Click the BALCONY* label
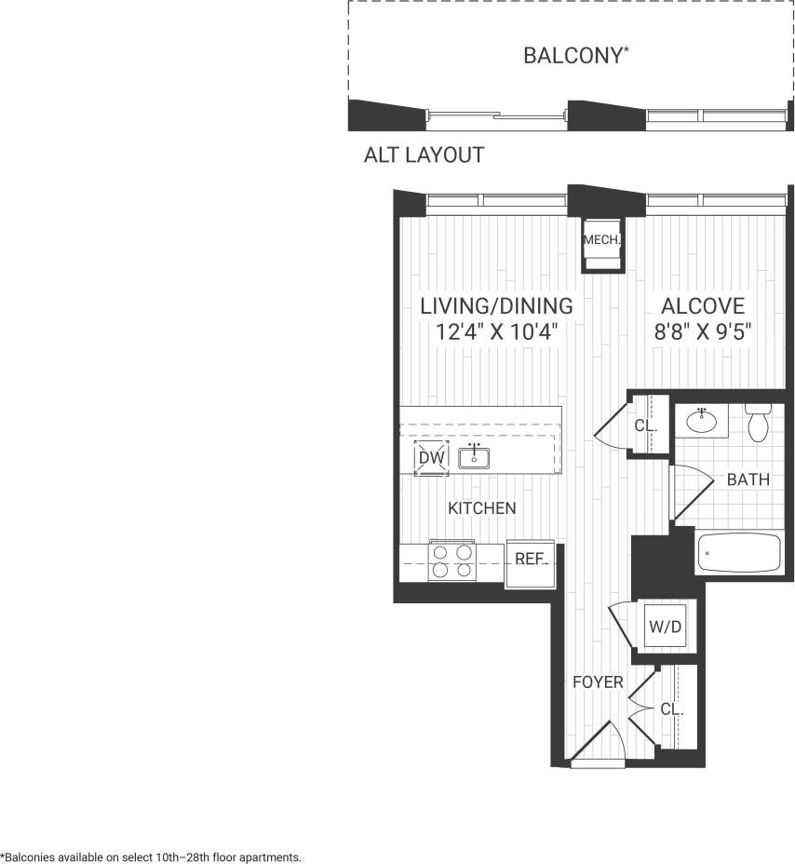575,56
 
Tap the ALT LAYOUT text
424,155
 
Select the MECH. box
601,241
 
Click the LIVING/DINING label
496,306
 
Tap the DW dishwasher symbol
431,458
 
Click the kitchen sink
475,456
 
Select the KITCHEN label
481,508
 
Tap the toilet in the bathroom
758,422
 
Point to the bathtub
742,554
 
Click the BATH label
748,480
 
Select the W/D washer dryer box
665,627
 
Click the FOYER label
597,682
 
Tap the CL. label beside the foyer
672,709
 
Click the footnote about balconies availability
151,857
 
